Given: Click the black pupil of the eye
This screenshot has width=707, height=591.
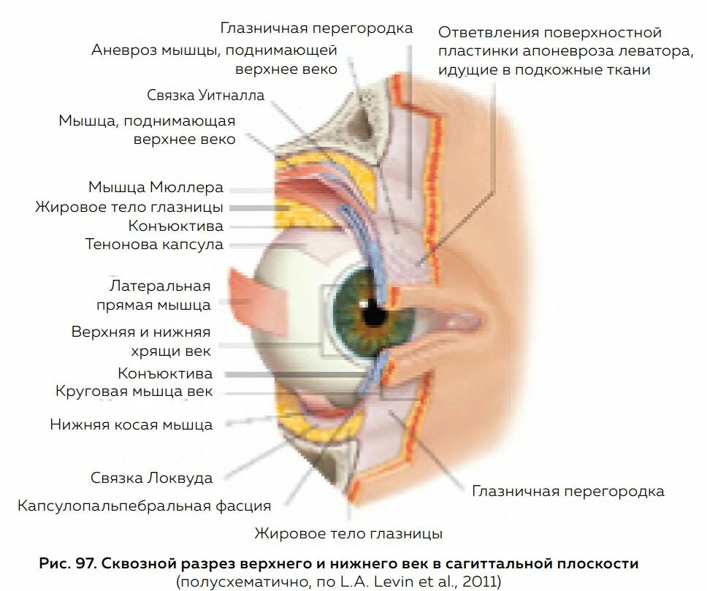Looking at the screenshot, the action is coord(373,313).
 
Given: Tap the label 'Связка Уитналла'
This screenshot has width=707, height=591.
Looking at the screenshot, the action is coord(205,96).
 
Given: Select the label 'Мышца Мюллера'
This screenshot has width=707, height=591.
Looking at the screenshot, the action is coord(156,188).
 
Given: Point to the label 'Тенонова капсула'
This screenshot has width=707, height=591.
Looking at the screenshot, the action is coord(154,245).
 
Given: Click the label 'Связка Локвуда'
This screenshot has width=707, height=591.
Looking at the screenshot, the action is coord(152,478).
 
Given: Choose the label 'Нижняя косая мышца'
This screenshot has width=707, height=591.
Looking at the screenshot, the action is coord(131,424).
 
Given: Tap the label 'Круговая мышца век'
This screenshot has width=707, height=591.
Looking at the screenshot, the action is coord(134,392).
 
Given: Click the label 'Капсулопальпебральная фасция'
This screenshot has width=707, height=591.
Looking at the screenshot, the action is coord(145,506).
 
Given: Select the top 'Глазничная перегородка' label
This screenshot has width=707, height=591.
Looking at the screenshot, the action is coord(317,28).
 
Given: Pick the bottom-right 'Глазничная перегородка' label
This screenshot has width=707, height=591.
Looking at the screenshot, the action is coord(568,491).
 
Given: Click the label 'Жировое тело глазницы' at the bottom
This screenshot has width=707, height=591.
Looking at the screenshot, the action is coord(348,533).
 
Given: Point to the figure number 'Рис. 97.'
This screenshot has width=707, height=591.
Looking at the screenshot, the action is coord(67,564).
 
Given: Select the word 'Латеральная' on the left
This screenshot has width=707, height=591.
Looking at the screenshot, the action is coord(160,286).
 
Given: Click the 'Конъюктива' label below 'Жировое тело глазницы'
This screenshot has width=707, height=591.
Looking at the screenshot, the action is coord(176,226).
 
